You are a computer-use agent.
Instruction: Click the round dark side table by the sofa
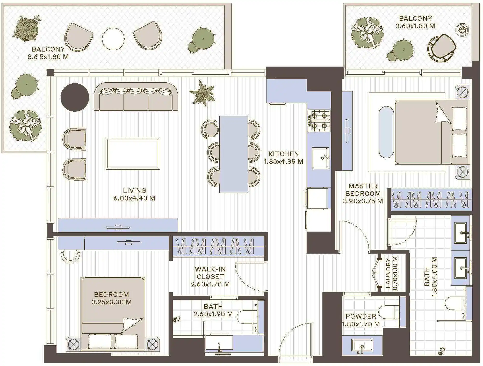75,97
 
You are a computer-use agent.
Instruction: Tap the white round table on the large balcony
113,39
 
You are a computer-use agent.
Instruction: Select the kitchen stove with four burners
319,121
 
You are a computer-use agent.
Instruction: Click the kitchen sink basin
321,158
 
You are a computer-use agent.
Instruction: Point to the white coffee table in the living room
133,154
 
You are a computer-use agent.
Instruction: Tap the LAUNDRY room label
388,274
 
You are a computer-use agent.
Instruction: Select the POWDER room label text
361,316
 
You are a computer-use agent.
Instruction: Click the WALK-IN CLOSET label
210,273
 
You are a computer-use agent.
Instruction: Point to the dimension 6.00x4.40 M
134,198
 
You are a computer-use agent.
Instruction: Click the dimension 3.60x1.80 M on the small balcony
415,26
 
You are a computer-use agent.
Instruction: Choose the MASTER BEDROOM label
363,190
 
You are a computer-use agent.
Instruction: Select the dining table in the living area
234,154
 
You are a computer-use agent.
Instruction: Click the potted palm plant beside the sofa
203,94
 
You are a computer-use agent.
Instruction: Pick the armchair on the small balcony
442,48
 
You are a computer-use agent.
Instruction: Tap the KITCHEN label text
284,154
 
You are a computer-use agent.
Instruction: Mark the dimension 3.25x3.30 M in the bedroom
111,302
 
